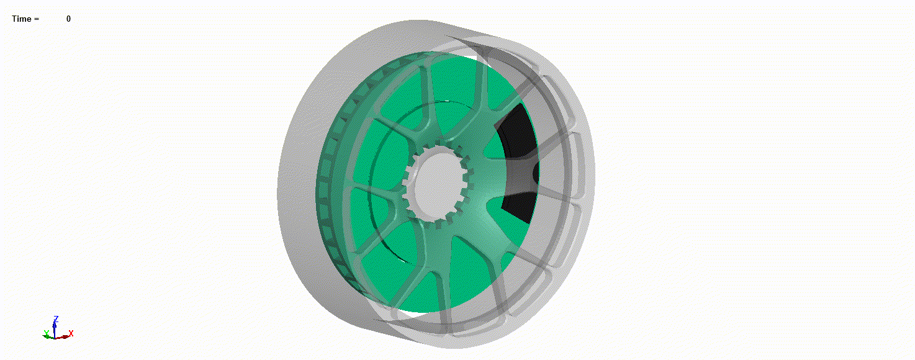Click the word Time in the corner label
click(21, 19)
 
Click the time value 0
click(69, 19)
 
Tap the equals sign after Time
click(37, 19)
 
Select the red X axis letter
click(71, 333)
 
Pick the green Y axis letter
click(47, 333)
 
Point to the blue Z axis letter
click(56, 319)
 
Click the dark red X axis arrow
click(62, 337)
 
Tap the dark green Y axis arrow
click(48, 336)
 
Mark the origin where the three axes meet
click(55, 338)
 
